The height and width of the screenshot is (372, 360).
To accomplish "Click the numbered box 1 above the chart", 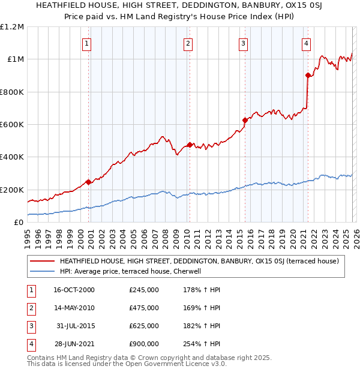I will click(87, 43).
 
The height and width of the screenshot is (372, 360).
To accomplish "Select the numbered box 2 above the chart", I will click(188, 43).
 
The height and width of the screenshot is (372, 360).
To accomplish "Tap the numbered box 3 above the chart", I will click(243, 43).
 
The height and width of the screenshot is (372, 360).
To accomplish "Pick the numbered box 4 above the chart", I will click(306, 43).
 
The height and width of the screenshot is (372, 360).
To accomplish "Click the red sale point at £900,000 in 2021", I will click(308, 76).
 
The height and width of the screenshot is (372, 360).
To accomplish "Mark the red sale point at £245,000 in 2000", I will click(89, 182).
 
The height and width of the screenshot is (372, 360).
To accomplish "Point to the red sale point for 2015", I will click(245, 120).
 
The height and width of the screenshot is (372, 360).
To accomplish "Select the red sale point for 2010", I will click(190, 145).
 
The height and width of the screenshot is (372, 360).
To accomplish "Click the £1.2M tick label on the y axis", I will click(12, 27).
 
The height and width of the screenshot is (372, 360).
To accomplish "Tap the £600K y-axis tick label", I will click(12, 125).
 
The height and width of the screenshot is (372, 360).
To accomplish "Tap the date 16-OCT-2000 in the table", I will click(74, 290).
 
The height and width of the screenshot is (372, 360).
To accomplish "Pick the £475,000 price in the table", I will click(144, 308).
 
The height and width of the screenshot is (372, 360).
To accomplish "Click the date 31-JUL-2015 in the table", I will click(75, 326).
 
